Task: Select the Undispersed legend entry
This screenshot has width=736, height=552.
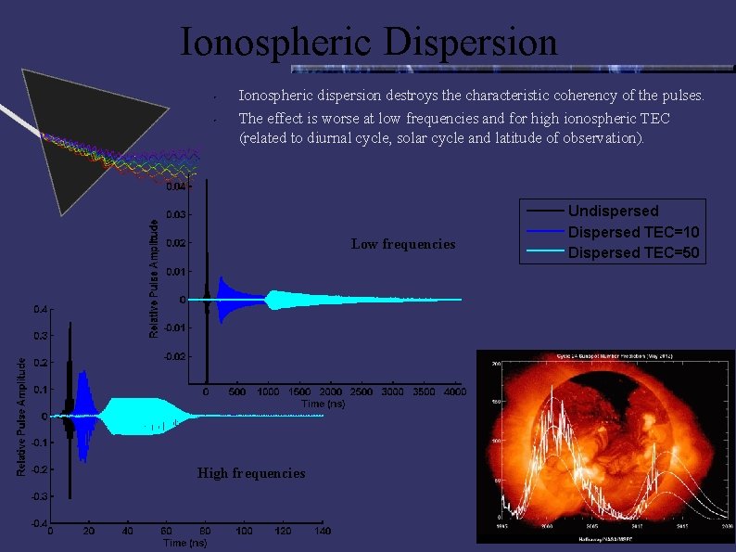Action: click(613, 211)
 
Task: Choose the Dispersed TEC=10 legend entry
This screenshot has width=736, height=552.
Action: click(633, 231)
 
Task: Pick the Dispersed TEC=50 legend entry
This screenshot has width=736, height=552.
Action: click(633, 251)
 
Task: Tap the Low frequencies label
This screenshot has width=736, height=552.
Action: click(403, 244)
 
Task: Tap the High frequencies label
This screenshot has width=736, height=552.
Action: click(251, 473)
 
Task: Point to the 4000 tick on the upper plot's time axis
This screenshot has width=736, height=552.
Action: click(454, 392)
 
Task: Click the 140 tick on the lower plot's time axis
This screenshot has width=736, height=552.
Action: click(322, 532)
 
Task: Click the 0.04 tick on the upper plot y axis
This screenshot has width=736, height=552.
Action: click(175, 186)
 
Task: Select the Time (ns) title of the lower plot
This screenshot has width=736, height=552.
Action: click(186, 543)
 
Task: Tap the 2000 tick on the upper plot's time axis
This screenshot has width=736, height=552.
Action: click(331, 392)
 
